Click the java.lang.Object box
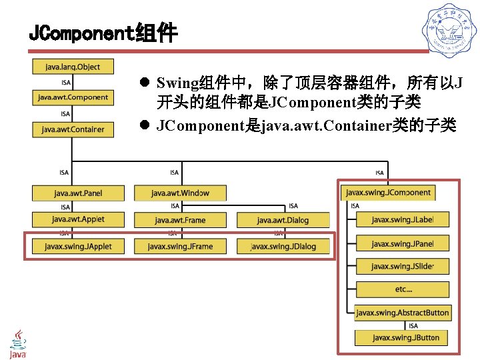73,67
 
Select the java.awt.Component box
73,97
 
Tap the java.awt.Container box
73,129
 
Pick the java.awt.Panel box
78,193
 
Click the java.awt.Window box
180,193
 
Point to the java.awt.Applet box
78,219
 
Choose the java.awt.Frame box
180,220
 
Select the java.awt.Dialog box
283,220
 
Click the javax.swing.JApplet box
78,246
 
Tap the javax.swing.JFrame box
180,246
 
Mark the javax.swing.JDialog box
283,246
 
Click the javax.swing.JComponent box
388,193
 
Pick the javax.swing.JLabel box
402,219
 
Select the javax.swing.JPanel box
402,243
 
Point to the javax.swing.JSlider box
402,267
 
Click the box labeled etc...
402,290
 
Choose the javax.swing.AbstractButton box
402,313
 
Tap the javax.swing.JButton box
402,337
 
